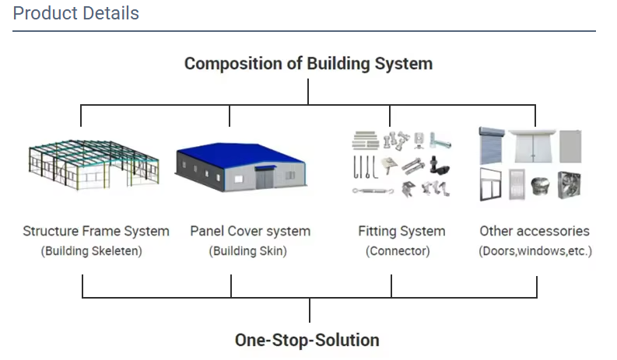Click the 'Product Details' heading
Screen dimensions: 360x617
[76, 13]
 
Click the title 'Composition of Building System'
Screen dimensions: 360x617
[308, 63]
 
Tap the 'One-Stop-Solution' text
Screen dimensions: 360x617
[307, 340]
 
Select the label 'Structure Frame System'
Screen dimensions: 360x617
[96, 231]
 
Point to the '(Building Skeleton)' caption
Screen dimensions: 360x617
[92, 251]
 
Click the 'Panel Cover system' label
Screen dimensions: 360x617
[250, 231]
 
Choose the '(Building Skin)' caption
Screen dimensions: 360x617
[247, 251]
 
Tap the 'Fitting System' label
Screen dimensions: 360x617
[401, 231]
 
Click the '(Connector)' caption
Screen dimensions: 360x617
[398, 251]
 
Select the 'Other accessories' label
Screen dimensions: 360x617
[535, 231]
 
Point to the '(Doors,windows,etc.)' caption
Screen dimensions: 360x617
[535, 251]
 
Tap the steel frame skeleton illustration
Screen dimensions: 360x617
[91, 166]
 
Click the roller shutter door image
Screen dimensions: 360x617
[492, 145]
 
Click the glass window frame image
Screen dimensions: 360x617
[492, 185]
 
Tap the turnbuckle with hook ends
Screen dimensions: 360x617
[370, 189]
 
